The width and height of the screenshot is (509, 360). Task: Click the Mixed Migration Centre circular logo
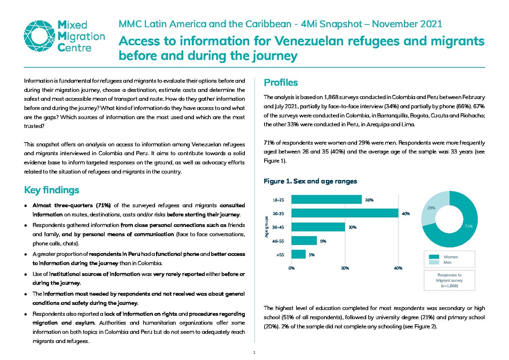click(39, 36)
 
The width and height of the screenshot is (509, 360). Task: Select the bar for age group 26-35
click(345, 213)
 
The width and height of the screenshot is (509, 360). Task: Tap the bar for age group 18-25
click(326, 199)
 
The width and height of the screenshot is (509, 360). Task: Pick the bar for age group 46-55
click(304, 241)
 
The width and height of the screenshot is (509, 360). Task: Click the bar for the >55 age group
click(298, 254)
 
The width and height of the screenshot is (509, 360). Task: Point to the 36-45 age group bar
click(318, 227)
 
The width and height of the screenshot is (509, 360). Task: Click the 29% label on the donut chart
click(431, 208)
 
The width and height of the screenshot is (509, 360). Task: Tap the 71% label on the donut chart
click(469, 226)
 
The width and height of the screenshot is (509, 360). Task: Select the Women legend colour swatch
click(434, 257)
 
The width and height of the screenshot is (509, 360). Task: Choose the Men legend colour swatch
click(434, 262)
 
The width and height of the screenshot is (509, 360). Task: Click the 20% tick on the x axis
click(345, 268)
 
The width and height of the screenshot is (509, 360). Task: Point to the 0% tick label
click(291, 268)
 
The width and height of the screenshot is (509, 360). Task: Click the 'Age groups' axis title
click(267, 227)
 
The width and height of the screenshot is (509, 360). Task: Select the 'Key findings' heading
click(52, 190)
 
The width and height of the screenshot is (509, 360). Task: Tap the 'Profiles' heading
click(281, 83)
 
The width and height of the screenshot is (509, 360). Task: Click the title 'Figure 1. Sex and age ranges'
click(310, 181)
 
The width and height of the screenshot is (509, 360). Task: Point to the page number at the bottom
click(254, 353)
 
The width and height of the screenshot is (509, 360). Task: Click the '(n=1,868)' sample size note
click(449, 286)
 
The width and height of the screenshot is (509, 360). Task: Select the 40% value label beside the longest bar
click(406, 214)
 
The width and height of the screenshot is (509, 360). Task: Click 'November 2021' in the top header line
click(407, 24)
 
